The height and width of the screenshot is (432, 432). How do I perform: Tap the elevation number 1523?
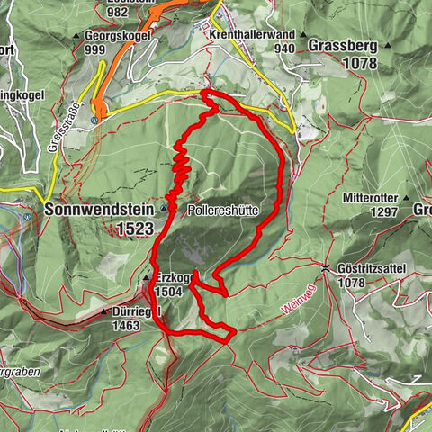point(135,229)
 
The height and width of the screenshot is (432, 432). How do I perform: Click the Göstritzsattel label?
point(375,268)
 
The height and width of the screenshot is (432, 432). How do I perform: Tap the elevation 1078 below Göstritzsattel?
point(347,283)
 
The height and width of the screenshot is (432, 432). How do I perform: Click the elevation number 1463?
point(126,325)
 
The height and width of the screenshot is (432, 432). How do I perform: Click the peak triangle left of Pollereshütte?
point(163,208)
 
